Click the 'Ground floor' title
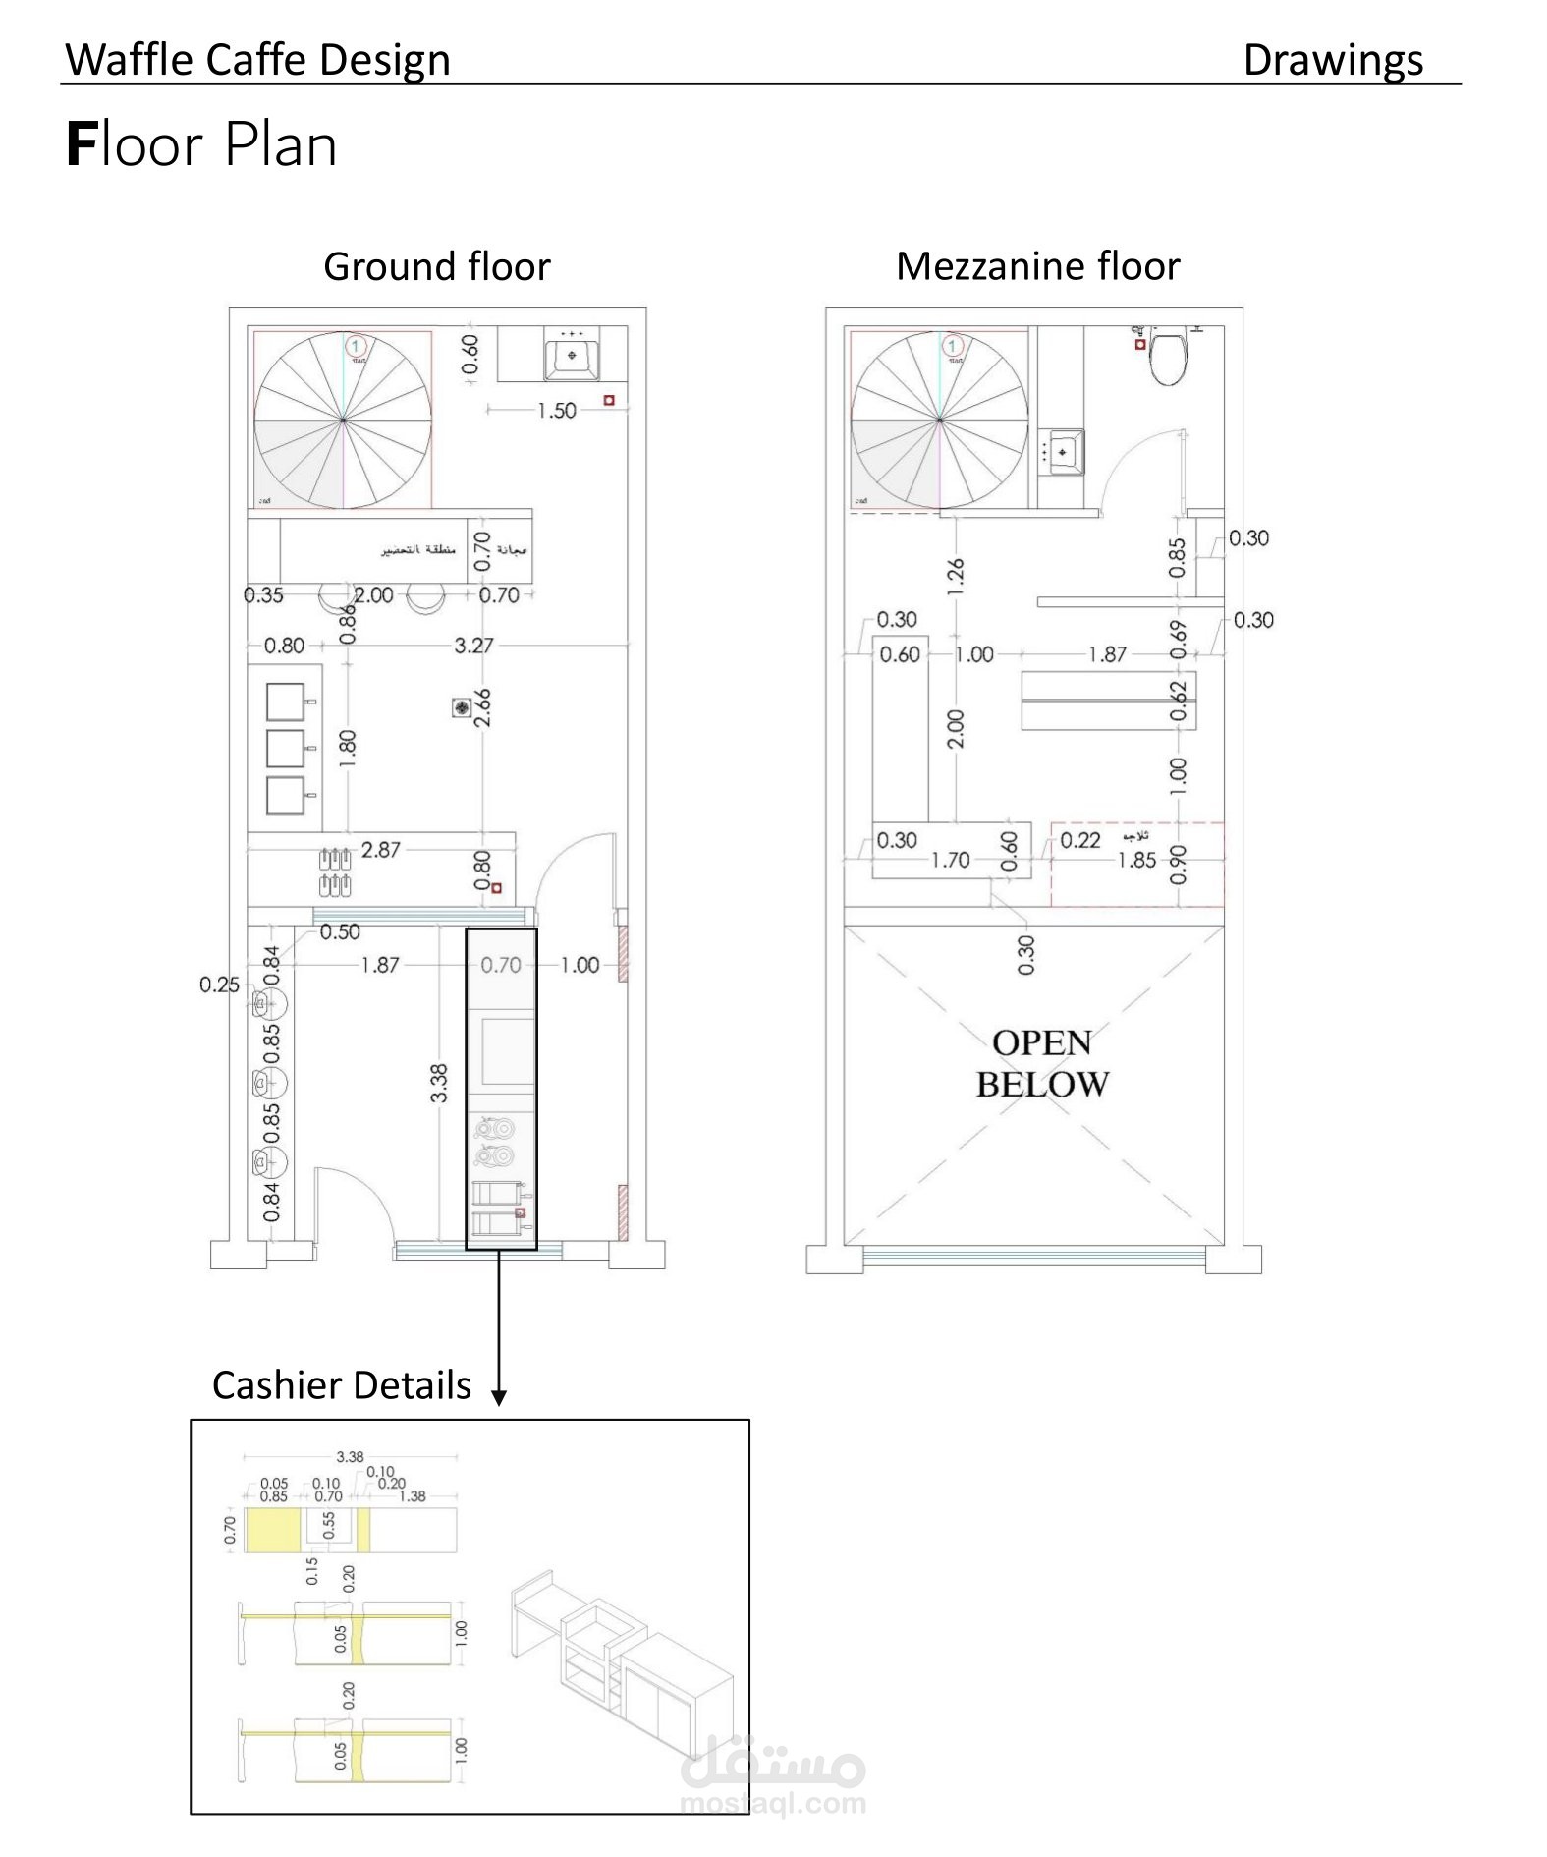[436, 266]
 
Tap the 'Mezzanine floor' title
[1037, 266]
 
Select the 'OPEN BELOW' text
[1042, 1063]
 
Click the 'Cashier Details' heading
[341, 1385]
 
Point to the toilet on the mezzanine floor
[1168, 359]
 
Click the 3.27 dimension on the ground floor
[473, 646]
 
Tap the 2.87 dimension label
[380, 850]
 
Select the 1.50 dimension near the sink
[556, 411]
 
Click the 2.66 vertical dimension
[482, 707]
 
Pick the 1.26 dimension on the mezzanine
[956, 577]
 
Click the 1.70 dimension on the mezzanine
[950, 861]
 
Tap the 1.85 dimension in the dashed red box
[1136, 861]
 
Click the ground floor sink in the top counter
[572, 357]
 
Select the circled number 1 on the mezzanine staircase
[951, 346]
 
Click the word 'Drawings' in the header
[1332, 60]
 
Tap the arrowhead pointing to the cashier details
[499, 1396]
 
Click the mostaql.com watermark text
[772, 1803]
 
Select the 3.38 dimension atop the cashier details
[350, 1457]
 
